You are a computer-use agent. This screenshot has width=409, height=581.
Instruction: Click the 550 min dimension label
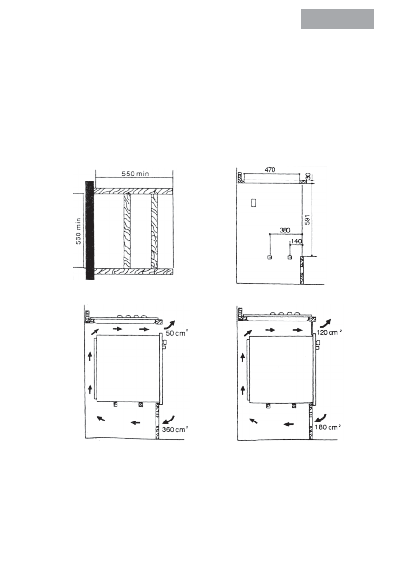135,173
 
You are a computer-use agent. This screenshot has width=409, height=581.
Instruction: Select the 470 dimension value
270,169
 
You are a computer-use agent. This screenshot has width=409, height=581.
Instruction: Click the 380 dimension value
285,230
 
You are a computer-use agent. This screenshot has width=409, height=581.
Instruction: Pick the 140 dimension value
296,241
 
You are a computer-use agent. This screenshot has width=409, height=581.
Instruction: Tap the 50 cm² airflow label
176,333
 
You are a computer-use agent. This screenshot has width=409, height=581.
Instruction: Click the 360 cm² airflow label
175,430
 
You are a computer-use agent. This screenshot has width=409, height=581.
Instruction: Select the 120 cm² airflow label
329,332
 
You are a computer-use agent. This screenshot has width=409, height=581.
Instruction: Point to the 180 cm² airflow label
328,427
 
